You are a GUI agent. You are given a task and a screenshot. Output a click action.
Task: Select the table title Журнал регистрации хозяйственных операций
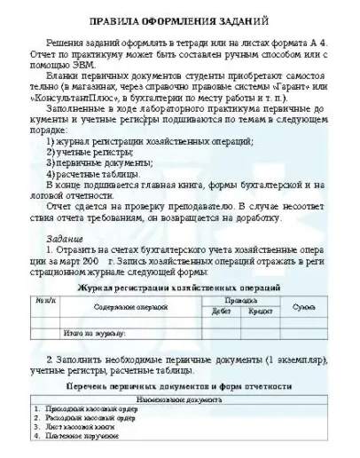181,288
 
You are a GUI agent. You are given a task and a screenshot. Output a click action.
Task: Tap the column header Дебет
221,312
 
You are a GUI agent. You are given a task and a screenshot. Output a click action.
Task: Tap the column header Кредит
260,312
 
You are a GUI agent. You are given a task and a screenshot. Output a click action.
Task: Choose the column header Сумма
306,306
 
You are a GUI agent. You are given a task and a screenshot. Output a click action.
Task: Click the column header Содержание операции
118,306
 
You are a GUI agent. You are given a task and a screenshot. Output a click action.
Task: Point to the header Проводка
241,301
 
